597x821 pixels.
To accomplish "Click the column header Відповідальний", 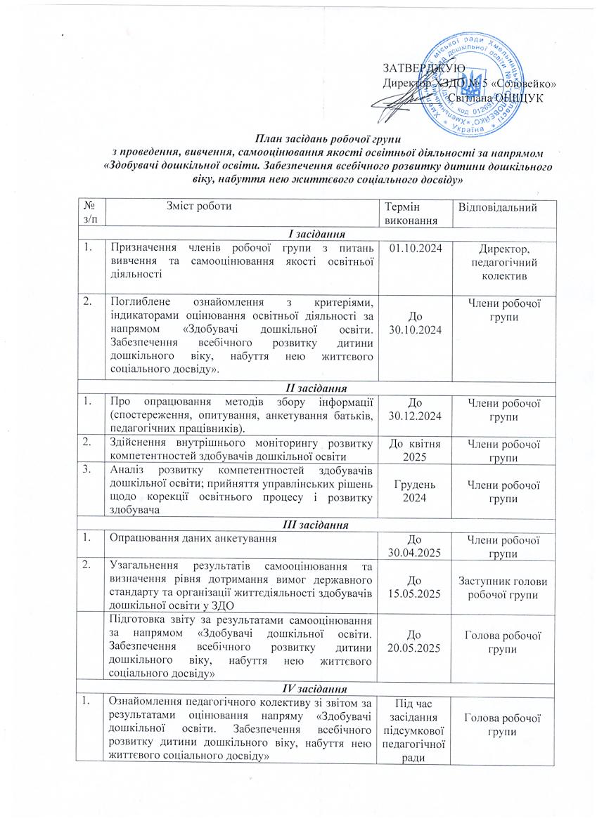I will (503, 208).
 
